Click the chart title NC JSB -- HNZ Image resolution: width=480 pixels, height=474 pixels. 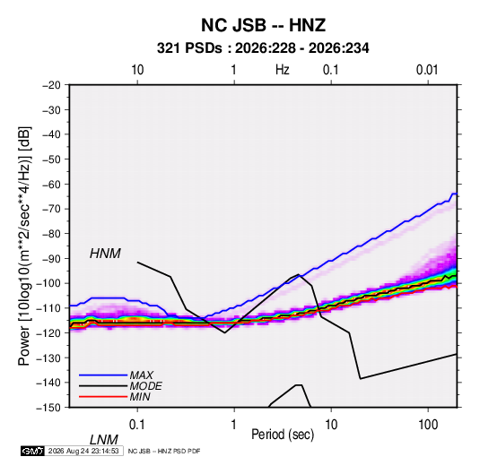pyautogui.click(x=263, y=25)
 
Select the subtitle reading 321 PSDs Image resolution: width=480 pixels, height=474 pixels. pyautogui.click(x=189, y=48)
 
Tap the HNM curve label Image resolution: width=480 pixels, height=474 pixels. pyautogui.click(x=105, y=254)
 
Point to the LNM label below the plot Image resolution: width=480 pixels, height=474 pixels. pyautogui.click(x=104, y=440)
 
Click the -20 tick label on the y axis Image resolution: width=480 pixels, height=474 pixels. pyautogui.click(x=51, y=85)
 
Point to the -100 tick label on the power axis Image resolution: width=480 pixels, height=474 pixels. pyautogui.click(x=48, y=283)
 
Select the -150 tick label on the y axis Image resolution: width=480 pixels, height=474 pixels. pyautogui.click(x=48, y=408)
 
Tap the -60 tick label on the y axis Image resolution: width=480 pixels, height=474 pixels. pyautogui.click(x=51, y=184)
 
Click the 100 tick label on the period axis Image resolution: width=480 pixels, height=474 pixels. pyautogui.click(x=427, y=425)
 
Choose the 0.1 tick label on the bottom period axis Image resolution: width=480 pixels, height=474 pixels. pyautogui.click(x=136, y=425)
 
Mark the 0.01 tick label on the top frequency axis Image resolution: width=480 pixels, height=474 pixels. pyautogui.click(x=427, y=70)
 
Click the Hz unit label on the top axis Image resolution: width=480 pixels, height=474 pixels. pyautogui.click(x=283, y=70)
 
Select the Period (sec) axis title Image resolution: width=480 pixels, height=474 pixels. pyautogui.click(x=283, y=435)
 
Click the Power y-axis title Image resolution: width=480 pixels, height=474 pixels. pyautogui.click(x=24, y=246)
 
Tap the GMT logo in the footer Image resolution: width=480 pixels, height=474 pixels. pyautogui.click(x=32, y=451)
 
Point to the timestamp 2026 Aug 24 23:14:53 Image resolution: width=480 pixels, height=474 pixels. pyautogui.click(x=83, y=451)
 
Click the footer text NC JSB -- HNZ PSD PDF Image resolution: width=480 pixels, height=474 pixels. pyautogui.click(x=164, y=451)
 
